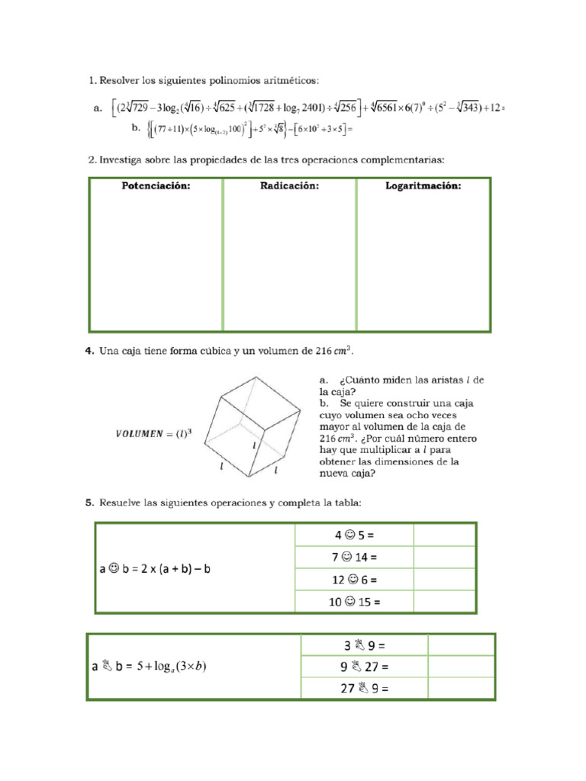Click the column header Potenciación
(156, 185)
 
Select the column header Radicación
(288, 185)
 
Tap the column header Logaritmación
(423, 185)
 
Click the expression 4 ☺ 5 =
(354, 535)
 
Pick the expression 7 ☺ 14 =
(354, 557)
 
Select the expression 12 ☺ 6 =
(354, 579)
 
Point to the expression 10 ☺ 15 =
(354, 601)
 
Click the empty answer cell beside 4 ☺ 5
(444, 535)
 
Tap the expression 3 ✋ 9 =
(364, 645)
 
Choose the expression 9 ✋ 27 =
(364, 667)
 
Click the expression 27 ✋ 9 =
(364, 689)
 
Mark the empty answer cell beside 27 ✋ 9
(461, 689)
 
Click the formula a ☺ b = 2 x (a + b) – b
(161, 568)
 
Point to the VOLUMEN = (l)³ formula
(154, 434)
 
